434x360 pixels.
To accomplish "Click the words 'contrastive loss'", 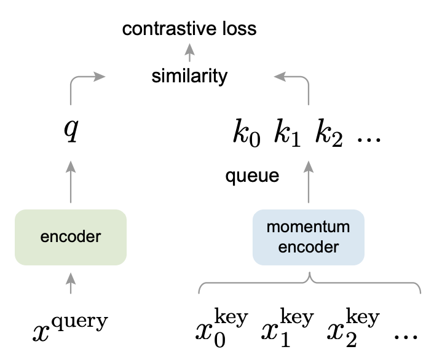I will [189, 28].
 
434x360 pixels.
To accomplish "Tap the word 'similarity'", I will [189, 77].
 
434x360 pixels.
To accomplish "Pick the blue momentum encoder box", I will [308, 238].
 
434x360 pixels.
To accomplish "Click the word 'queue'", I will [252, 176].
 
